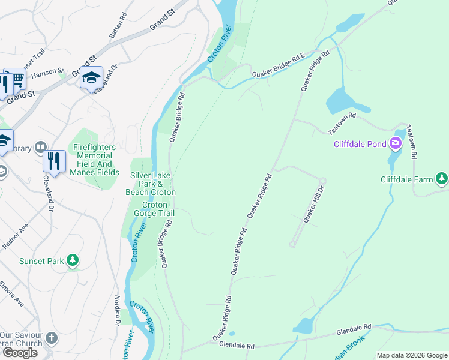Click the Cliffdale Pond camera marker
(x=396, y=143)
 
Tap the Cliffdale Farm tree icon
(x=442, y=178)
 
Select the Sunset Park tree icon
(x=73, y=260)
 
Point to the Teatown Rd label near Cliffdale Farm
(x=411, y=142)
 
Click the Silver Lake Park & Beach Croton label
(x=150, y=183)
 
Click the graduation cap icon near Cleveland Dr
(x=91, y=77)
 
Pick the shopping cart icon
(x=17, y=79)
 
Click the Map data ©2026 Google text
(x=411, y=355)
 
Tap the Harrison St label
(x=47, y=74)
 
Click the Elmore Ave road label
(x=12, y=294)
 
